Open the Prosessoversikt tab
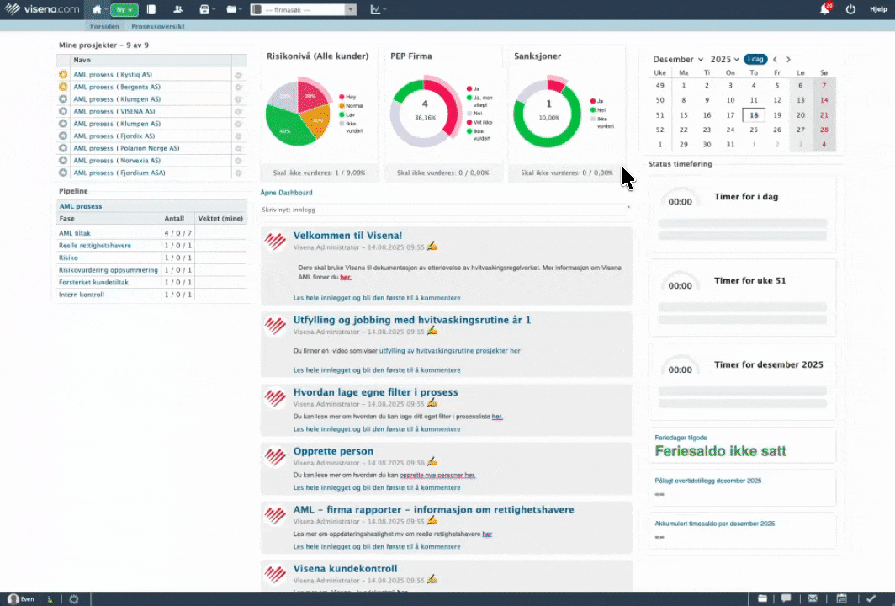click(158, 26)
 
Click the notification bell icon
click(824, 9)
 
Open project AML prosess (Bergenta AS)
click(117, 87)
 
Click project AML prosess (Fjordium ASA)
click(119, 173)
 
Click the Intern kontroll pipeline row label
click(82, 295)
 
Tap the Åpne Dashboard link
click(286, 193)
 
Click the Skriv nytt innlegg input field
click(442, 209)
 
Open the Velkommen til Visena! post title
click(347, 235)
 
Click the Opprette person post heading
click(333, 451)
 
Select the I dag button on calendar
click(755, 59)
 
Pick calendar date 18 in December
click(754, 115)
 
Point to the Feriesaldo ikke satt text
click(720, 450)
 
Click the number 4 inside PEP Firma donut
click(425, 104)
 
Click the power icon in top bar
click(850, 9)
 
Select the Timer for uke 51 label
click(750, 280)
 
